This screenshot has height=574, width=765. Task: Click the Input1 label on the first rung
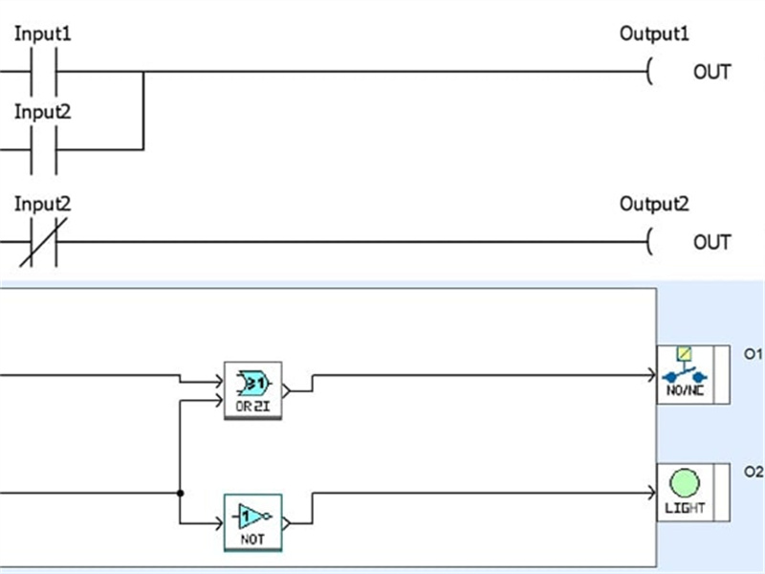(42, 33)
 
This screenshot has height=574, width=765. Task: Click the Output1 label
(654, 33)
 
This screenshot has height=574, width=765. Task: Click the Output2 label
(654, 204)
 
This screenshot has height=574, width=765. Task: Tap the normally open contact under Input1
(43, 72)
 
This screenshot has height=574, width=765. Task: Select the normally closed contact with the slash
(43, 242)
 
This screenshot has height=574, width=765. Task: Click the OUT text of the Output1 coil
(711, 73)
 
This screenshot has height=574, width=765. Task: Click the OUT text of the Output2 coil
(711, 243)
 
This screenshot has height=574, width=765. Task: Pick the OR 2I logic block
(252, 389)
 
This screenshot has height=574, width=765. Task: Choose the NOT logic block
(252, 522)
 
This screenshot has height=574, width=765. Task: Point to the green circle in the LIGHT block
(684, 483)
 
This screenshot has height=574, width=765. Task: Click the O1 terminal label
(753, 354)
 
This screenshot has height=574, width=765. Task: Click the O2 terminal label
(753, 472)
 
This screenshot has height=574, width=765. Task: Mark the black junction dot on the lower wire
(180, 493)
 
